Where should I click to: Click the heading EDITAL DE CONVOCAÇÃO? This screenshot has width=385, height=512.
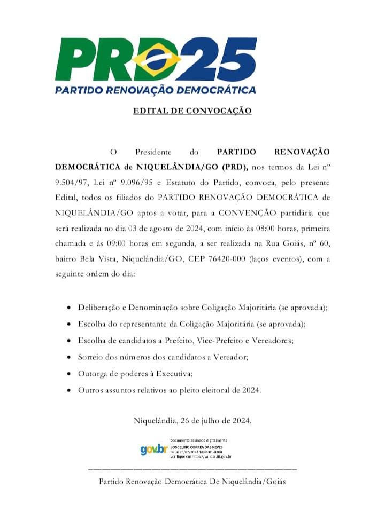[x=192, y=111]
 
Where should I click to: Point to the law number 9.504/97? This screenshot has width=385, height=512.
[x=70, y=182]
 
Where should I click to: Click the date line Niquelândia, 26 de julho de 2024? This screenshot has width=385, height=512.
[x=192, y=420]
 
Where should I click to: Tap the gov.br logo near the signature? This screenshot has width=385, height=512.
[x=154, y=450]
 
